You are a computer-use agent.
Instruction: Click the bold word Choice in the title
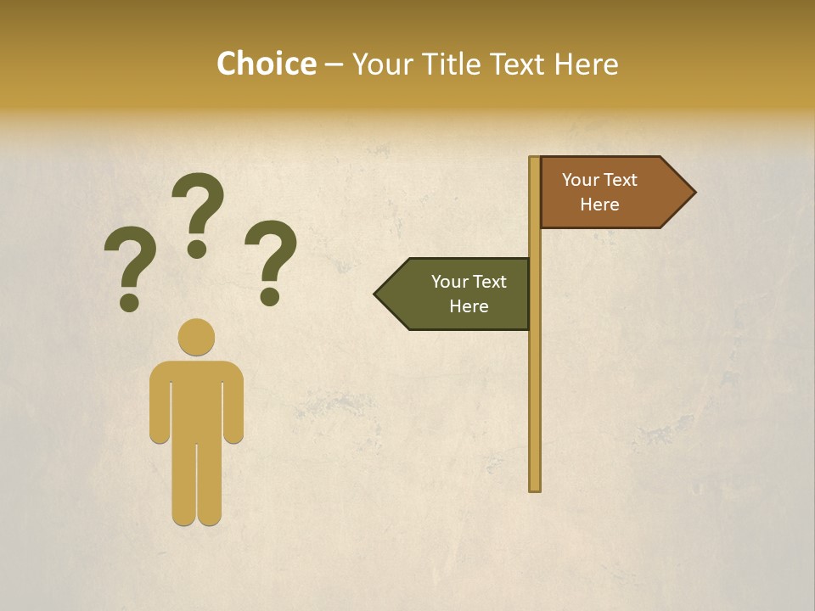[267, 64]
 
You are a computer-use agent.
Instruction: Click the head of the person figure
[196, 337]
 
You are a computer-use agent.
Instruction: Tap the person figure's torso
[196, 399]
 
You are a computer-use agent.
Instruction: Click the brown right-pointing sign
[611, 193]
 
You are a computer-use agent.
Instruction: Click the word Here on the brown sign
[599, 205]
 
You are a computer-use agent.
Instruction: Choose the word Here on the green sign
[469, 306]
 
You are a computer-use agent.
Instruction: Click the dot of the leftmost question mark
[130, 301]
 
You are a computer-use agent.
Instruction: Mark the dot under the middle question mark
[197, 249]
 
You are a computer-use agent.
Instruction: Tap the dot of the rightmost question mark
[270, 296]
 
